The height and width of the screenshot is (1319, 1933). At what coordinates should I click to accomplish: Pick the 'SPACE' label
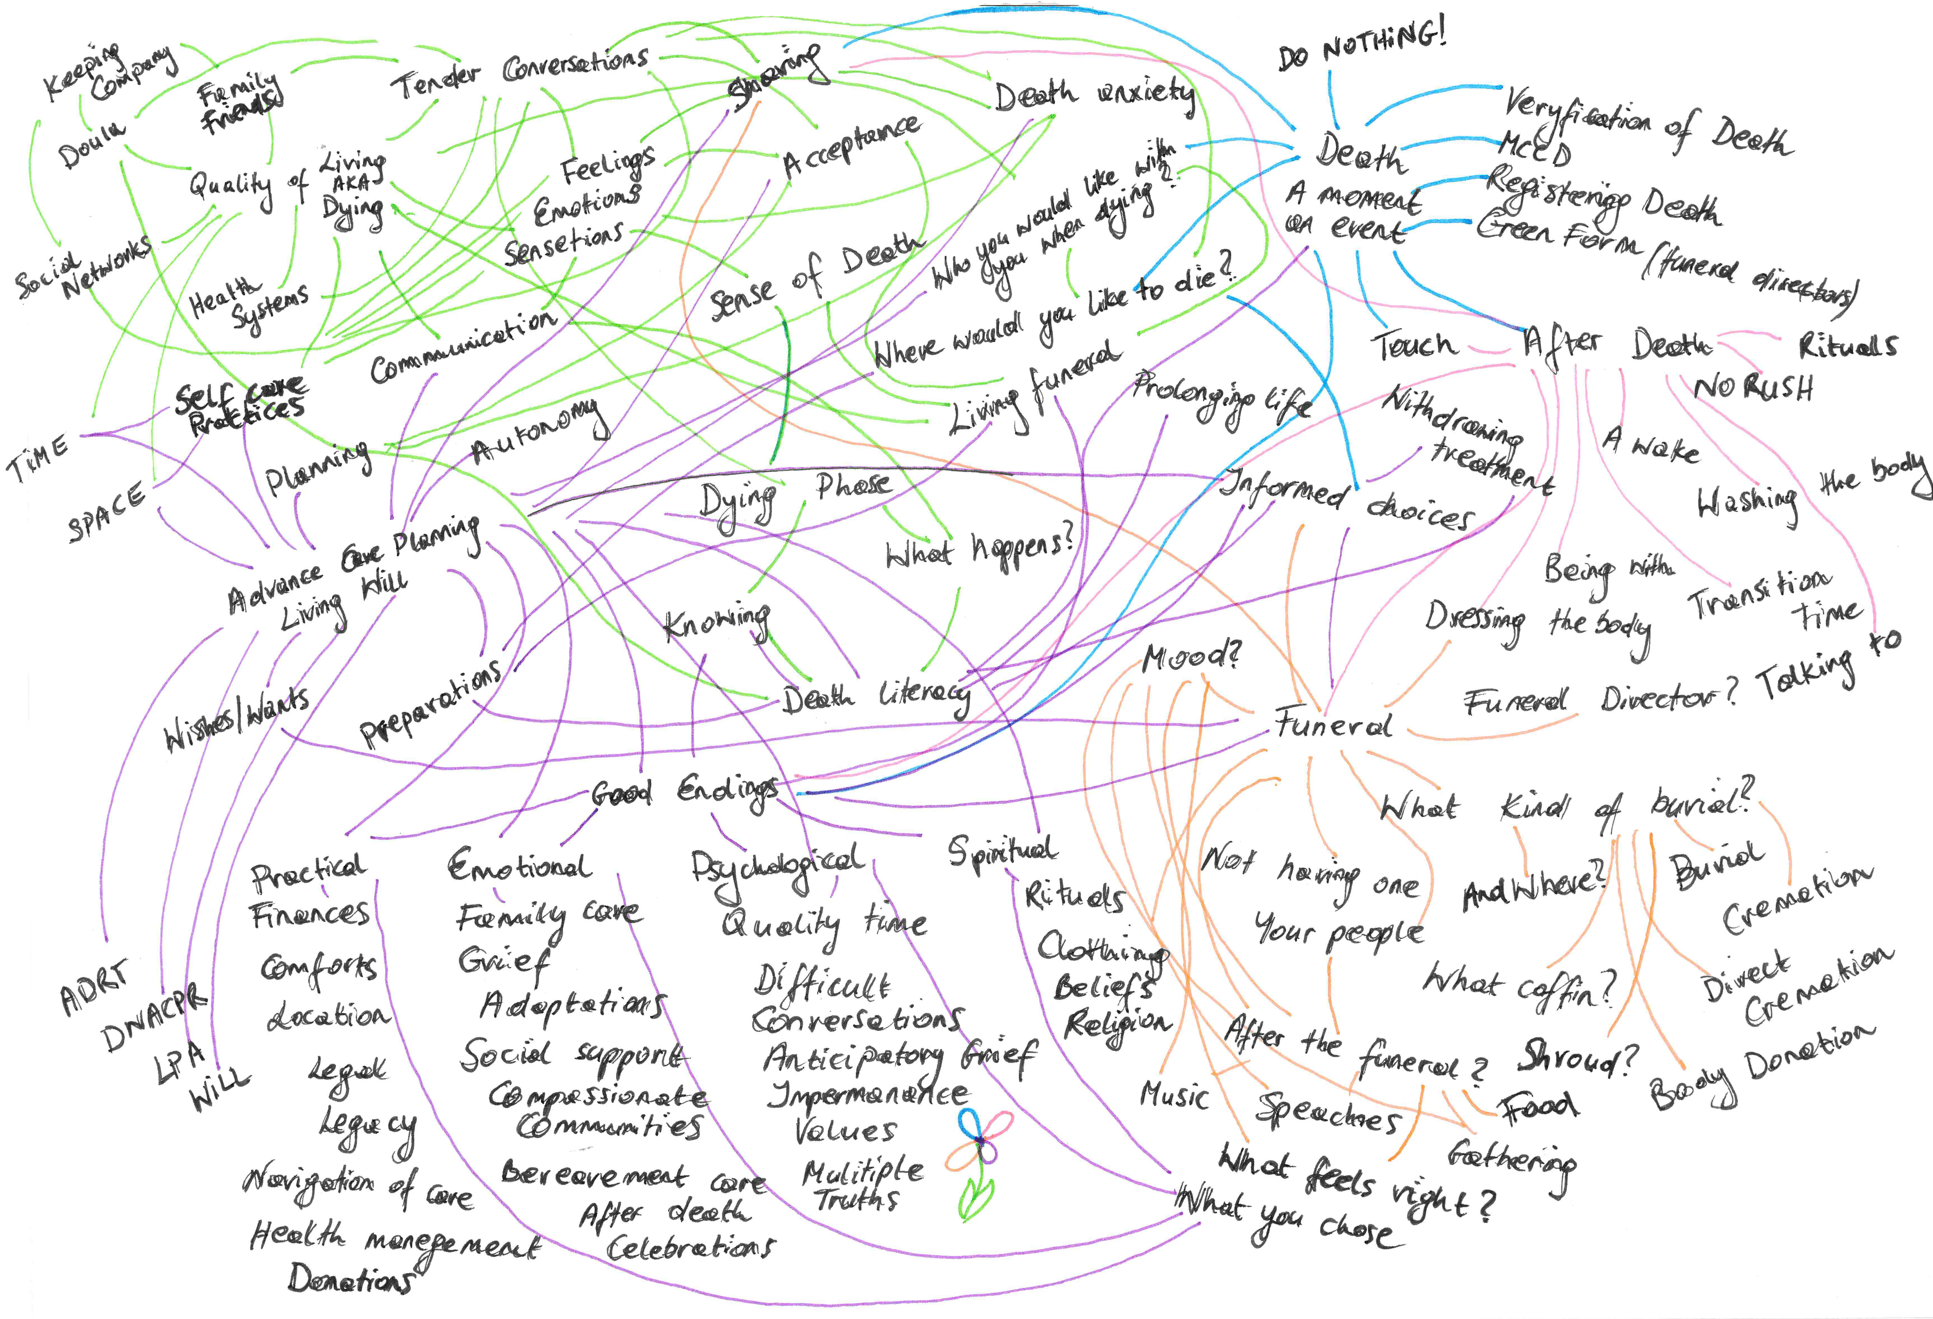click(x=106, y=513)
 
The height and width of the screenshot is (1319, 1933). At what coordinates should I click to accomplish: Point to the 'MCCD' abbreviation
click(x=1535, y=150)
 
